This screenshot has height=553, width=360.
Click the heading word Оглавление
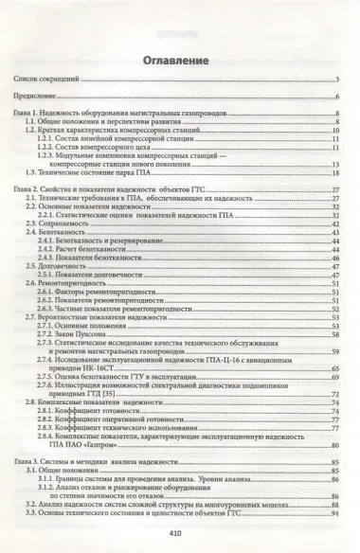[180, 62]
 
